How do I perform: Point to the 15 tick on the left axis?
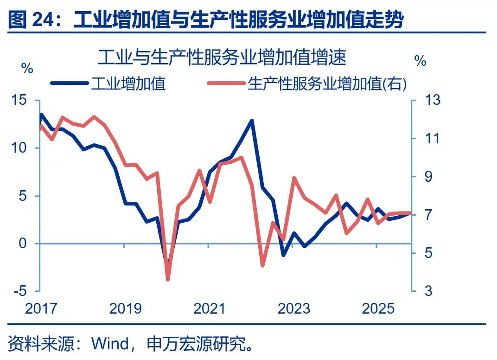click(20, 101)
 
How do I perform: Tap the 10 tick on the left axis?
click(20, 148)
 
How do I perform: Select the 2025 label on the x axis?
click(377, 309)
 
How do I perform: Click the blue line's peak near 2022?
click(252, 121)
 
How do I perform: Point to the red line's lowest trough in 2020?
click(168, 279)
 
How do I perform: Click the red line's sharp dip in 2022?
click(262, 266)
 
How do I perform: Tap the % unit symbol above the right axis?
click(420, 61)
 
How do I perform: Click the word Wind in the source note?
click(111, 344)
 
